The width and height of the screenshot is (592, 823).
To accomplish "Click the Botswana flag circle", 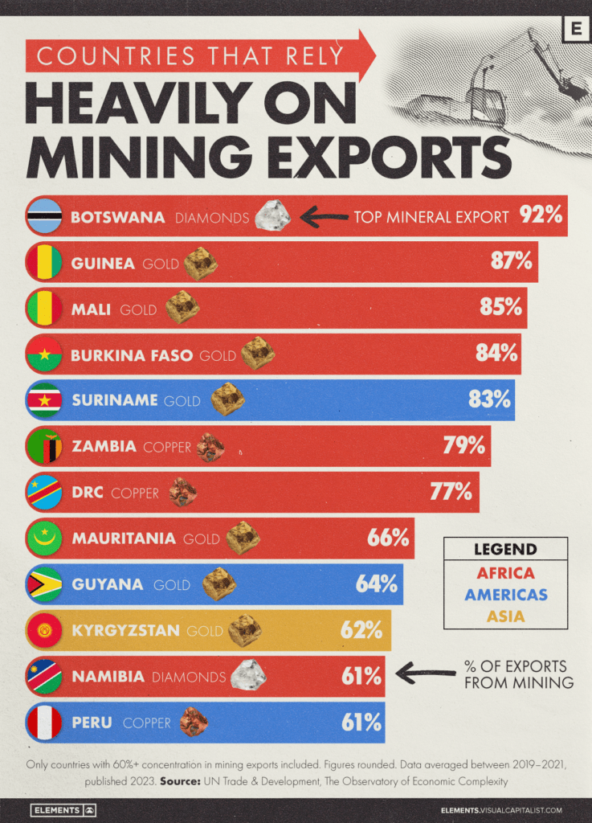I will [x=44, y=216].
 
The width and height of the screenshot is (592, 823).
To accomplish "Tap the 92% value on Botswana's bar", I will [x=541, y=215].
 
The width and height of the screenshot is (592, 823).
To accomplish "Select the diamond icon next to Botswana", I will [x=272, y=215].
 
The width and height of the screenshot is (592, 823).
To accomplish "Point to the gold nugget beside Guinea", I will [x=200, y=263].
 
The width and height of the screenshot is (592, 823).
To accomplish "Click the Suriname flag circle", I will [x=44, y=400].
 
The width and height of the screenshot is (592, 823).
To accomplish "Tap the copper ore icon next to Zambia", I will [x=210, y=447].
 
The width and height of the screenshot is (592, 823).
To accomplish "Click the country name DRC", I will [x=87, y=492].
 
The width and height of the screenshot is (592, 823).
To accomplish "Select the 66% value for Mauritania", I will [x=388, y=538].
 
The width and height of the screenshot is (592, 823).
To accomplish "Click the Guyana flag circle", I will [x=44, y=584].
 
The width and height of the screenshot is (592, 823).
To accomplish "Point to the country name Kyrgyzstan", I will [x=125, y=630].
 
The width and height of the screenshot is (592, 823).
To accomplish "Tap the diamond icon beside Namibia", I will [x=248, y=675].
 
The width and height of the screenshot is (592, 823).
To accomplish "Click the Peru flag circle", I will [x=44, y=723].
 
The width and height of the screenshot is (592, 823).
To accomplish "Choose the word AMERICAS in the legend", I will [x=505, y=595].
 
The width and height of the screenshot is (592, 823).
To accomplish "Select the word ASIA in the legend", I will [x=505, y=616].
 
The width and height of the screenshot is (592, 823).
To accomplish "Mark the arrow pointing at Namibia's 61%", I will [x=425, y=674].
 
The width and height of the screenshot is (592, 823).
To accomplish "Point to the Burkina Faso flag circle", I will [x=44, y=354].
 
